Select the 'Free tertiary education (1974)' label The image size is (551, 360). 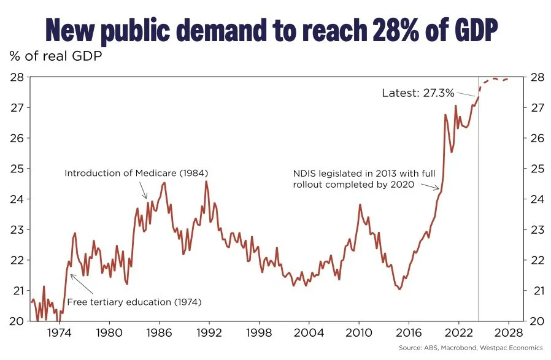tap(134, 302)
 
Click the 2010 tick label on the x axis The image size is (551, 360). tap(358, 333)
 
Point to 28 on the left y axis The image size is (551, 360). tap(16, 77)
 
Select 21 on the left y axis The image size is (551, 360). tap(16, 290)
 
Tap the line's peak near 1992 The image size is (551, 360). tap(206, 182)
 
